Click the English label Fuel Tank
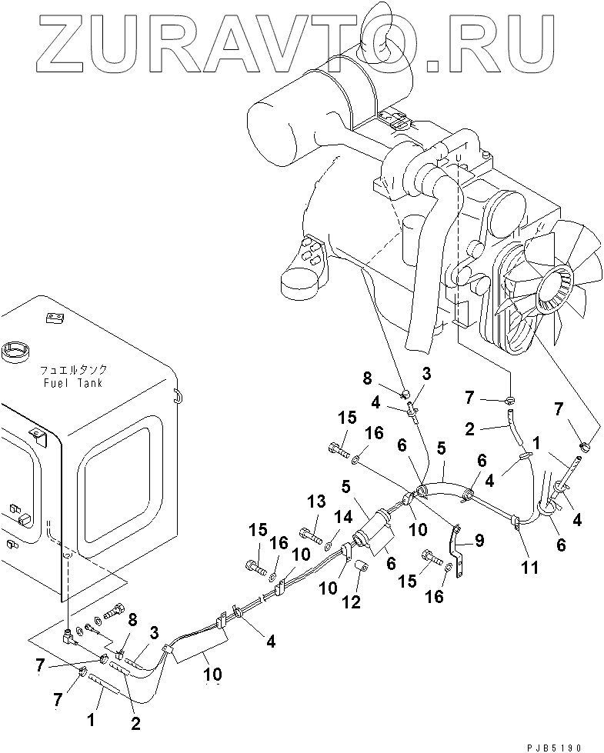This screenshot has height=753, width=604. tap(74, 382)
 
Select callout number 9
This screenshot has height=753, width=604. tap(480, 541)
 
